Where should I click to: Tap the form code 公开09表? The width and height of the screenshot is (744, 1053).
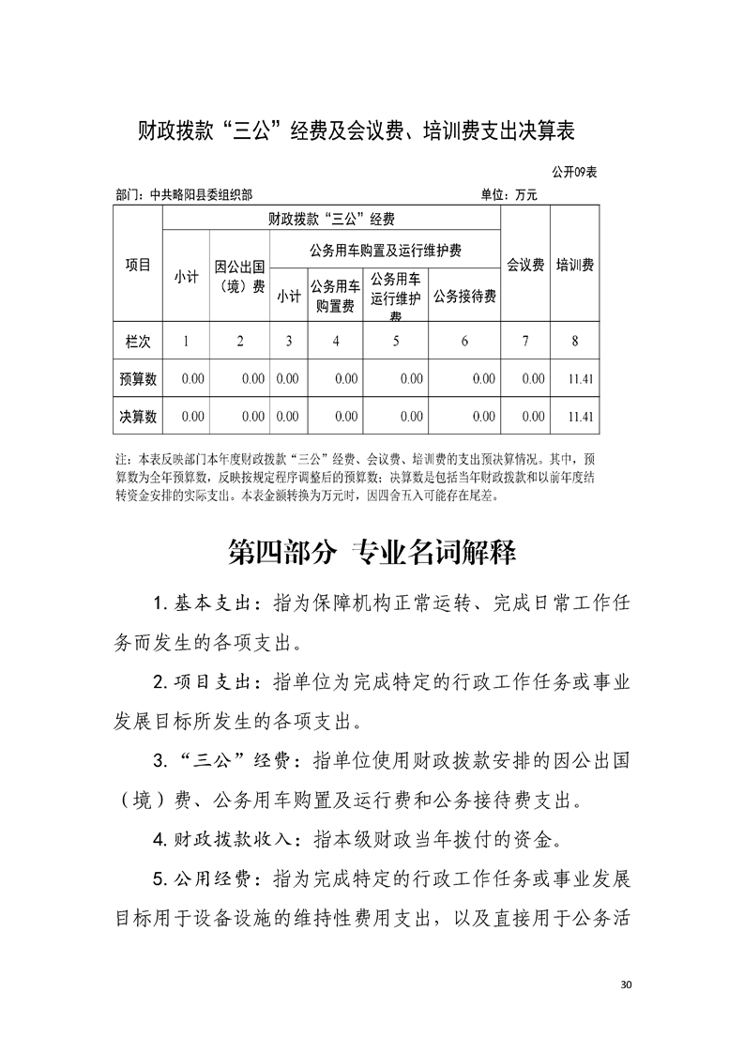click(575, 173)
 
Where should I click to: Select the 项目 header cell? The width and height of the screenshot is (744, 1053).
click(138, 266)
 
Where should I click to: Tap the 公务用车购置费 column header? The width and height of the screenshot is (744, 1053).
click(335, 296)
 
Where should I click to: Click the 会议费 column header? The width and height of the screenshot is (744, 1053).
click(525, 266)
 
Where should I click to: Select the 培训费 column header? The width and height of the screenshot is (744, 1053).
click(574, 266)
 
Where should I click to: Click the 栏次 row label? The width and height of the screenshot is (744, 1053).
click(138, 341)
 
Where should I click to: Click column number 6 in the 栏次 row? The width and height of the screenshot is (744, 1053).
click(464, 341)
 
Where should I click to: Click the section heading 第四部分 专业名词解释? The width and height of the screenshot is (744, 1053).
click(372, 552)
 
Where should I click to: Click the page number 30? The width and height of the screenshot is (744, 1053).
click(628, 984)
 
